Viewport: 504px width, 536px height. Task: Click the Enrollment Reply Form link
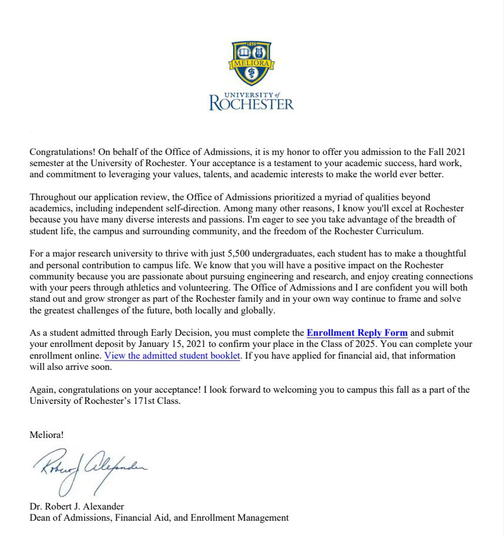click(x=357, y=333)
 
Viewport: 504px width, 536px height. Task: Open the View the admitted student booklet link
click(x=173, y=356)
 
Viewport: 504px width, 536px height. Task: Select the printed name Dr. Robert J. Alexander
click(x=77, y=507)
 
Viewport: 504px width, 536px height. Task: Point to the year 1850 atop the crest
click(x=251, y=44)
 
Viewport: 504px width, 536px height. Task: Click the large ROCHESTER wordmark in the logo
click(x=251, y=104)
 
